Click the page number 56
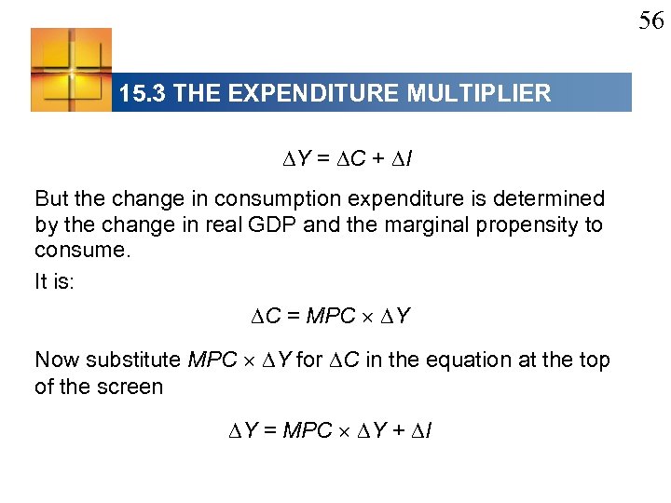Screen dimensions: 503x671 click(x=650, y=20)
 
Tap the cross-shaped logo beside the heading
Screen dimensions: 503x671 click(x=71, y=70)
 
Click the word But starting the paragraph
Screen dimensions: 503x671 click(x=52, y=198)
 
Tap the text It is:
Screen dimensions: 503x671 click(x=53, y=282)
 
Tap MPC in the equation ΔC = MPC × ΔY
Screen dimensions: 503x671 click(x=330, y=317)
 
